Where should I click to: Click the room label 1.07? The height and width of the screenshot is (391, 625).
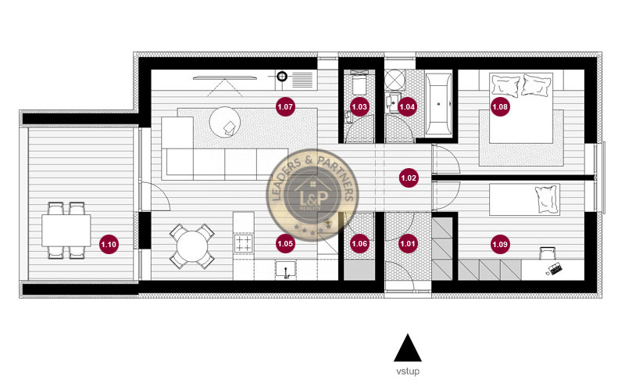(285, 105)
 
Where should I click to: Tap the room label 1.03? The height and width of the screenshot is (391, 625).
(359, 106)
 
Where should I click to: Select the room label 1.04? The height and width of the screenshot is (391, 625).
(407, 106)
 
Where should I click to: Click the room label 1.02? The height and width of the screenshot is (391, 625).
(408, 178)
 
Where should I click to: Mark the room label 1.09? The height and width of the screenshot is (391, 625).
(500, 245)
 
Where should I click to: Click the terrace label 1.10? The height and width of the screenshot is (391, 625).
(109, 245)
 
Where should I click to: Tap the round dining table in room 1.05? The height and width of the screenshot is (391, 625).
(192, 247)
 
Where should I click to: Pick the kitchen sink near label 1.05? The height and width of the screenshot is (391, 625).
(288, 271)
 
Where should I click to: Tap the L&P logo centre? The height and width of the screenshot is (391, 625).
(310, 200)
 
